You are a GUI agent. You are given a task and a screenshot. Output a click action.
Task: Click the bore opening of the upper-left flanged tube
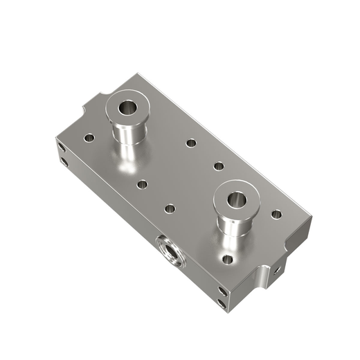click(128, 108)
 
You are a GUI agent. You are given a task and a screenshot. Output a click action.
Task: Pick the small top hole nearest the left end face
click(89, 138)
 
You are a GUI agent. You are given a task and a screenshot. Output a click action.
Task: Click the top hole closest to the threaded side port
click(170, 208)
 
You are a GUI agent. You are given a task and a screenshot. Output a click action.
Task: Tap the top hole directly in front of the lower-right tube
click(227, 260)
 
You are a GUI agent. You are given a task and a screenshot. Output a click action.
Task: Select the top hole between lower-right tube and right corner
click(276, 214)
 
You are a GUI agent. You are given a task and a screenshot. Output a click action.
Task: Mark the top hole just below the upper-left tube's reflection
click(142, 185)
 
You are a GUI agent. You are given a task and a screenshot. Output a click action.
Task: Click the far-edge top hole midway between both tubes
click(191, 143)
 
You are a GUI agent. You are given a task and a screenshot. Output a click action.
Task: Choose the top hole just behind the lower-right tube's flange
click(218, 166)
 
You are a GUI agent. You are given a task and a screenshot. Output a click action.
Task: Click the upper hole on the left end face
click(61, 147)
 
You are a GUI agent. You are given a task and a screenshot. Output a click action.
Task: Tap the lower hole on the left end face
click(64, 163)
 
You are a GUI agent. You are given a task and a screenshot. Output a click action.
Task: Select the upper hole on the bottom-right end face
click(222, 291)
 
